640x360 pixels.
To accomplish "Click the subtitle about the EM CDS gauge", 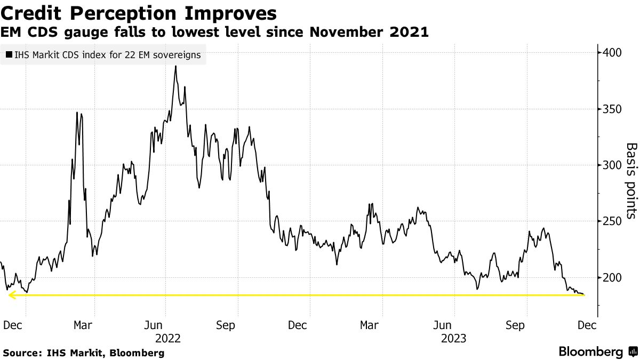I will (x=215, y=33).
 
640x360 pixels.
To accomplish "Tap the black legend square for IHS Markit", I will (x=9, y=55).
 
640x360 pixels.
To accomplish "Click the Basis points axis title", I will (x=631, y=180).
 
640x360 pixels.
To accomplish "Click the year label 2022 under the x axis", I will (x=167, y=338).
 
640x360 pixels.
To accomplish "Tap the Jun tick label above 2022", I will (x=154, y=325).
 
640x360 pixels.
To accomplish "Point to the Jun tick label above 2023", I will (x=442, y=325).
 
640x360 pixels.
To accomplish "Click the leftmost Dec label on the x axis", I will (x=13, y=325).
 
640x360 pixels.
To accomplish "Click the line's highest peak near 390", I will (x=175, y=67).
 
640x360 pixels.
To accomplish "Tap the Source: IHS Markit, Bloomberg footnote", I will (x=84, y=353).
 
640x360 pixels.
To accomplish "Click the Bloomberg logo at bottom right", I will (x=598, y=352).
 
